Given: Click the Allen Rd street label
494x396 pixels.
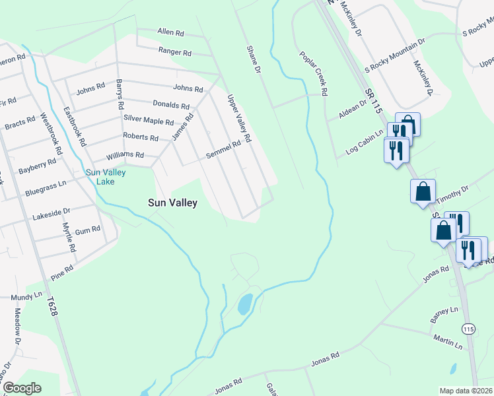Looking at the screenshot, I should (x=170, y=32).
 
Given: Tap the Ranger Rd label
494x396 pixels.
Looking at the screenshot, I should (x=174, y=51).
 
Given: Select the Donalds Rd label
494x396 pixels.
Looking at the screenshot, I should (x=171, y=105).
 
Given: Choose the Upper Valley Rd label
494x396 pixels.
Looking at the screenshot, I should (x=240, y=119).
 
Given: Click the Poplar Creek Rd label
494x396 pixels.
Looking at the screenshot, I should (x=314, y=74).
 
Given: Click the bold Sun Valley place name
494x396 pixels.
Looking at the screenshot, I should (x=171, y=203).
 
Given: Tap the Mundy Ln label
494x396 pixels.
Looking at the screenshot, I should (x=26, y=298).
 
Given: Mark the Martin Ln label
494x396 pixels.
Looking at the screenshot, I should (x=448, y=342).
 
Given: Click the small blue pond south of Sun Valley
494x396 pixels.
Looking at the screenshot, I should (x=244, y=304).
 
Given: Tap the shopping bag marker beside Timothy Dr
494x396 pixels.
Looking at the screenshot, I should (x=423, y=193).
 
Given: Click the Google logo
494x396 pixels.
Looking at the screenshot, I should (x=22, y=388).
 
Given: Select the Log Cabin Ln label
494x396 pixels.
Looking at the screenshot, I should (x=365, y=143).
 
